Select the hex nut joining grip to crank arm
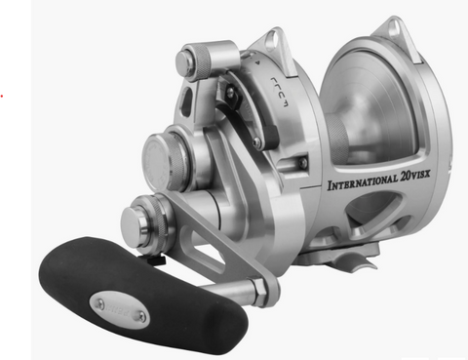point(260,290)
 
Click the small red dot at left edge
point(3,96)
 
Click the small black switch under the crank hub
point(156,260)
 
